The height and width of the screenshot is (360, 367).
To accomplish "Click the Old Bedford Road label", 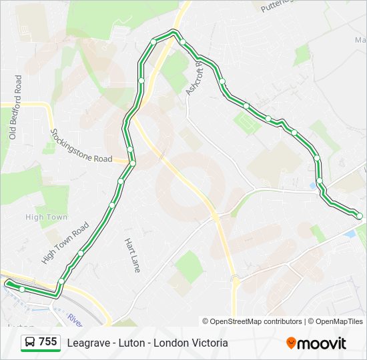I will pos(15,107).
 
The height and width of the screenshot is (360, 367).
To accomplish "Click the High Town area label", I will pos(46,217).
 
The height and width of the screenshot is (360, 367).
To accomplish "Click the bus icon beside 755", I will pos(30,343).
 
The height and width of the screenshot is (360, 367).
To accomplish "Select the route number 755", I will pos(48,342).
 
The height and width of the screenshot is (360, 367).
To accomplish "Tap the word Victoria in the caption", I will pos(208,343).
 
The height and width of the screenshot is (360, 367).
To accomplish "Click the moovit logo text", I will pos(322,343).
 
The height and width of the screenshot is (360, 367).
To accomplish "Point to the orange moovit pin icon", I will pos(291,343).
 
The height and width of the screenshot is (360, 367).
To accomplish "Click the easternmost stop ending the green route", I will pos(359,216).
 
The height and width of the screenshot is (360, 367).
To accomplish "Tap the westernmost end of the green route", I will pos(9,284).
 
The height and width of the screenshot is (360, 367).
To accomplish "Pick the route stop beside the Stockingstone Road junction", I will pos(133,163).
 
